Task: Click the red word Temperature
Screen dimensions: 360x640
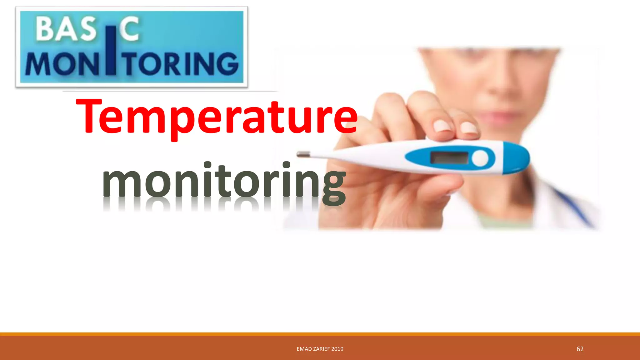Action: tap(217, 117)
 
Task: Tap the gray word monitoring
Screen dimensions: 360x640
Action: tap(224, 181)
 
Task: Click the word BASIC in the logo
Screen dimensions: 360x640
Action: tap(87, 30)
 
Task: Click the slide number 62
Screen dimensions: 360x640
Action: tap(580, 349)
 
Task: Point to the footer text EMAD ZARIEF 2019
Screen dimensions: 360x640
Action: tap(320, 349)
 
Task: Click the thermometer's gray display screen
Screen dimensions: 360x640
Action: tap(449, 158)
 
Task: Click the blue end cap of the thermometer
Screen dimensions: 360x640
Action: tap(517, 158)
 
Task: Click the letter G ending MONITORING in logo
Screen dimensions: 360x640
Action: tap(227, 64)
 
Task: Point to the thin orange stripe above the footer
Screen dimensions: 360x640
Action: tap(320, 334)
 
